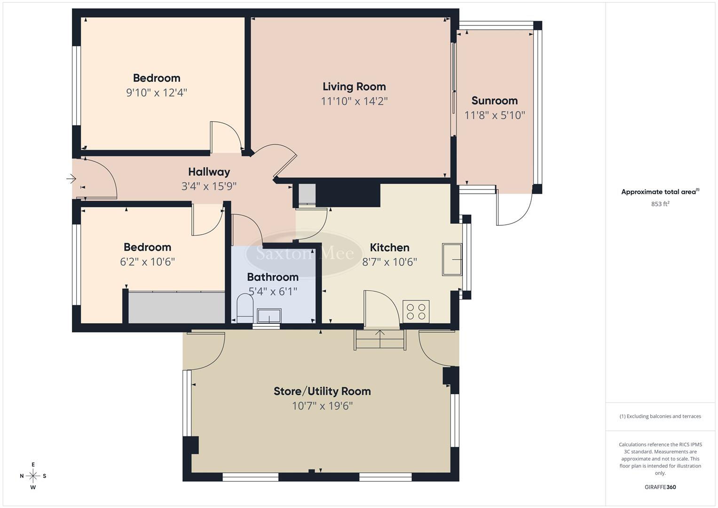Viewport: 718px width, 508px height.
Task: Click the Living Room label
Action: (x=354, y=87)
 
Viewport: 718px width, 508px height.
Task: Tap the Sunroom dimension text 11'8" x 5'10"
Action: (x=495, y=115)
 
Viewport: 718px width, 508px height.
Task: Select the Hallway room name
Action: (x=209, y=172)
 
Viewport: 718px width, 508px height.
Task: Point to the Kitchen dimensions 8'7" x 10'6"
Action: (x=389, y=262)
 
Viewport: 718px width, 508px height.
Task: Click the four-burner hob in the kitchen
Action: (x=416, y=311)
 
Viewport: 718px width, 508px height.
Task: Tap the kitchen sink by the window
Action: (x=452, y=259)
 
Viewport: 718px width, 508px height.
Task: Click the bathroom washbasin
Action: (x=269, y=315)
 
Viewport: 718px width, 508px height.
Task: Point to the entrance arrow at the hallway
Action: (x=71, y=179)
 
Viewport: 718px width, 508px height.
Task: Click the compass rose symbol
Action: (x=33, y=476)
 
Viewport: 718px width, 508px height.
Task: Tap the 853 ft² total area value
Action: (x=660, y=204)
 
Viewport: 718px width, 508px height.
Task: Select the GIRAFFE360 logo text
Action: (x=660, y=487)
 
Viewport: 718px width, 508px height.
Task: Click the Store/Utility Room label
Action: (x=322, y=391)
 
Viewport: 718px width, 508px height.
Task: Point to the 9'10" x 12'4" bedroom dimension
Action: (x=157, y=93)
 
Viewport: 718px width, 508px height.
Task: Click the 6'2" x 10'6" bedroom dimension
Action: (x=147, y=262)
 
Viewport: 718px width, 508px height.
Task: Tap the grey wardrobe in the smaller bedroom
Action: (x=176, y=307)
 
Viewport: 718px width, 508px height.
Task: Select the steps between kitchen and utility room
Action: (x=379, y=339)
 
